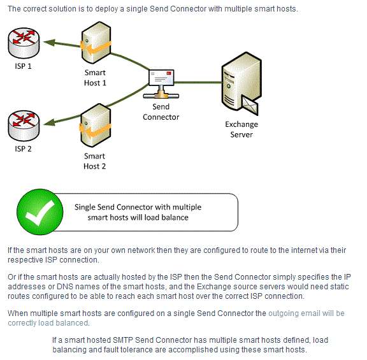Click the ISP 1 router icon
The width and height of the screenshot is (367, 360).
(24, 43)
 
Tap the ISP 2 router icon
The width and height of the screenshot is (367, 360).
(24, 126)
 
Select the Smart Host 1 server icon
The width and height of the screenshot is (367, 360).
(96, 43)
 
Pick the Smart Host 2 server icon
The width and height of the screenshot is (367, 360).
(96, 126)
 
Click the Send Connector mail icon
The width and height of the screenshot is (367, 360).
(161, 83)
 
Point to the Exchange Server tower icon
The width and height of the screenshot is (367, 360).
(241, 83)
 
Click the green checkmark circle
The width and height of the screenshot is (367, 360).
(40, 212)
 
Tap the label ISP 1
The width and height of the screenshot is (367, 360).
(23, 66)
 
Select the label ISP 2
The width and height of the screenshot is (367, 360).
(23, 149)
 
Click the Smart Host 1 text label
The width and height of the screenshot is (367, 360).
(95, 78)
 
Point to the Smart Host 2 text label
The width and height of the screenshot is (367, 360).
(94, 161)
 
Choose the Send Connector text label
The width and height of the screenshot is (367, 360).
(161, 112)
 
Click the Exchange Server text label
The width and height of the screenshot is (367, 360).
(241, 129)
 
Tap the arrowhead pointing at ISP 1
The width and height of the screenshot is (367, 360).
(49, 43)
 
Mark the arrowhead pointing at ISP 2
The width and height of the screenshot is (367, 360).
(49, 122)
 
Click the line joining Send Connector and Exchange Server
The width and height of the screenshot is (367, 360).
(198, 82)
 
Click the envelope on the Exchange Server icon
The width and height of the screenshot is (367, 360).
(250, 105)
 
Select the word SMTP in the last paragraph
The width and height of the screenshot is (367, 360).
(122, 340)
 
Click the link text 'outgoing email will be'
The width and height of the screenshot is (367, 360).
(306, 313)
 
